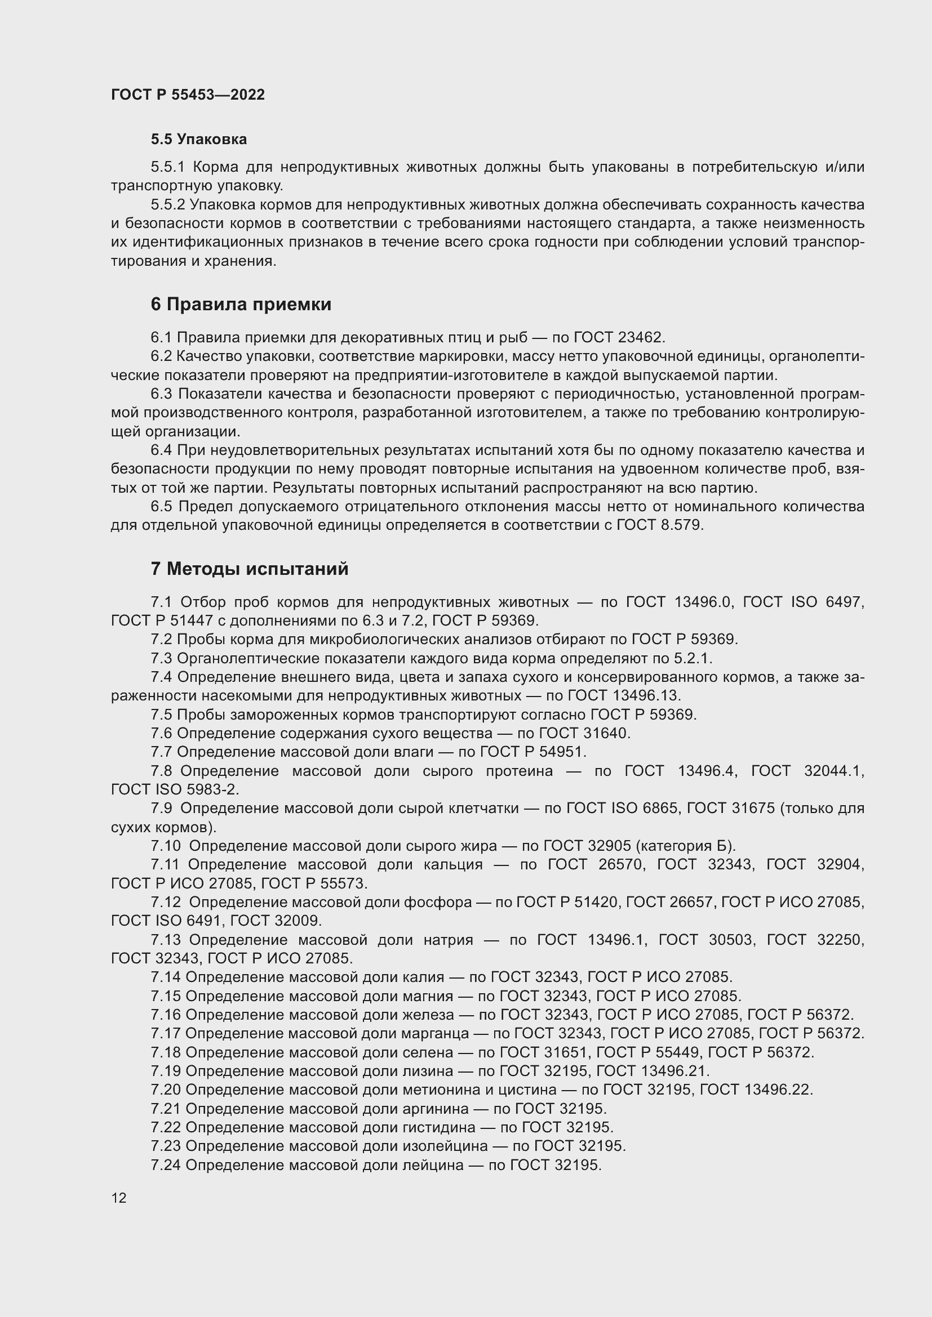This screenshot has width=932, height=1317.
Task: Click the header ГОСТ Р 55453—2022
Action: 188,95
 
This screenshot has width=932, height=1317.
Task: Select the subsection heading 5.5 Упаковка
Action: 198,140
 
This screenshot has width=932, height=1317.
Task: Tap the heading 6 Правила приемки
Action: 241,304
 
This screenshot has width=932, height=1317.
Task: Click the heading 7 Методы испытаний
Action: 250,569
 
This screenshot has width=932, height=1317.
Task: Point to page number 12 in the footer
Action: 119,1198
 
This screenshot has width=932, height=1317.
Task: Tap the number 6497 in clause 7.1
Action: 844,602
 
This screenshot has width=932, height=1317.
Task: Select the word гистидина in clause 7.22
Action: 438,1128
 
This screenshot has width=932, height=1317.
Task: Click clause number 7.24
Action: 166,1165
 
